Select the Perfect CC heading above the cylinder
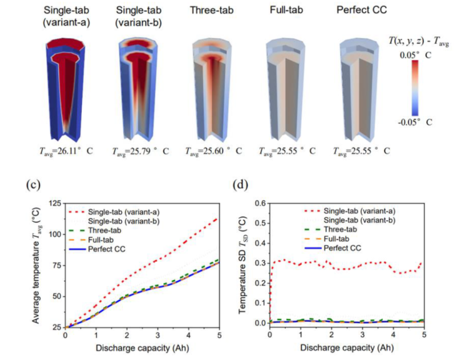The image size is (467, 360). click(360, 10)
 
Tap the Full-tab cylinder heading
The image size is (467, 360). click(286, 10)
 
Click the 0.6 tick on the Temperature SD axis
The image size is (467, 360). click(259, 203)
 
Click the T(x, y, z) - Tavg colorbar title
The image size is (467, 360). click(417, 39)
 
